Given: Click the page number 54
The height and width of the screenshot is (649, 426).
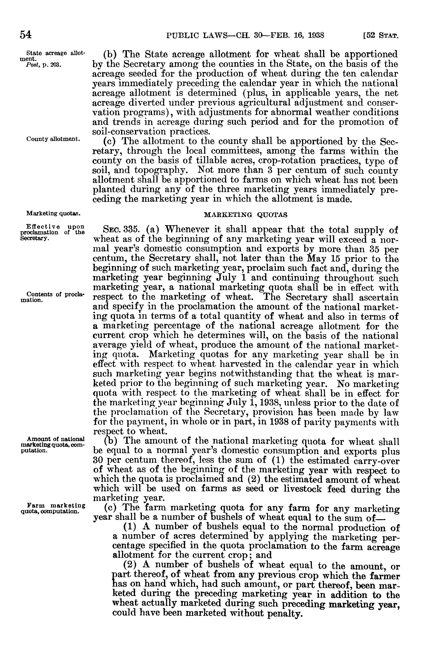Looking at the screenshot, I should (x=26, y=35).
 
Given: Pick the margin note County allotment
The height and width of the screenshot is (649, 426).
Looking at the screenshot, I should (x=53, y=139).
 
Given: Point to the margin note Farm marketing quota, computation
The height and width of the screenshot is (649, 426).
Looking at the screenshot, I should (x=53, y=509).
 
